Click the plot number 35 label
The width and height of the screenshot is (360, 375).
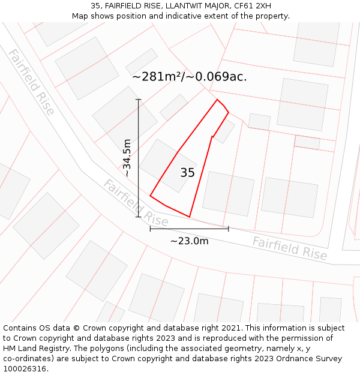[x=187, y=173]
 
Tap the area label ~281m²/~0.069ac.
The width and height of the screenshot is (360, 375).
[x=189, y=77]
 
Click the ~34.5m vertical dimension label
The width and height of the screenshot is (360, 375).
[x=127, y=158]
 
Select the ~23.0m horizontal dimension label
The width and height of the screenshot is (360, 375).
[x=189, y=241]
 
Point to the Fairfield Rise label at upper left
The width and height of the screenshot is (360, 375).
[x=31, y=82]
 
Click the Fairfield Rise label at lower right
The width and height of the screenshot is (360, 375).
[x=290, y=248]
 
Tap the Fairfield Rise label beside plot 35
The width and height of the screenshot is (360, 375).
[x=136, y=202]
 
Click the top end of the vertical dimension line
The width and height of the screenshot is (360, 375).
[x=139, y=99]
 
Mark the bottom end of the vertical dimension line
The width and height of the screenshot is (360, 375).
[x=139, y=217]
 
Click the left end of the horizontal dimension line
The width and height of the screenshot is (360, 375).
[x=150, y=229]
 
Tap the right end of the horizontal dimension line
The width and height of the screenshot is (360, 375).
[x=229, y=229]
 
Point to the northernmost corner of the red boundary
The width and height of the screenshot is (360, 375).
[x=217, y=100]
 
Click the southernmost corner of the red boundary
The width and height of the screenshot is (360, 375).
[x=190, y=217]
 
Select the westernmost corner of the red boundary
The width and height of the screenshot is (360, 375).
[x=150, y=196]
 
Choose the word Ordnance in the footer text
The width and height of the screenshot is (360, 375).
[x=305, y=359]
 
